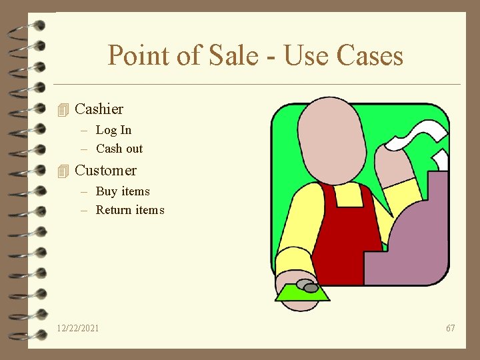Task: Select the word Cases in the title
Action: pyautogui.click(x=371, y=56)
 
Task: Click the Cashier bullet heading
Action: pyautogui.click(x=99, y=109)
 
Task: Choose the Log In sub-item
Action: pyautogui.click(x=113, y=130)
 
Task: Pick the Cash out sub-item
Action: pyautogui.click(x=119, y=149)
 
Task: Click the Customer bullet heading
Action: pyautogui.click(x=105, y=170)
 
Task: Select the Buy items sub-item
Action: pyautogui.click(x=123, y=191)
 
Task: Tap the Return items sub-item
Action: pyautogui.click(x=130, y=210)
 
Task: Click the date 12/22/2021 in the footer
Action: pyautogui.click(x=78, y=328)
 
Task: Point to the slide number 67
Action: pyautogui.click(x=451, y=328)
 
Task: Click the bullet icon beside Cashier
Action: pyautogui.click(x=63, y=109)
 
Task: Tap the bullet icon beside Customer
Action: pyautogui.click(x=63, y=171)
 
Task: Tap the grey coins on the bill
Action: pyautogui.click(x=307, y=286)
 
